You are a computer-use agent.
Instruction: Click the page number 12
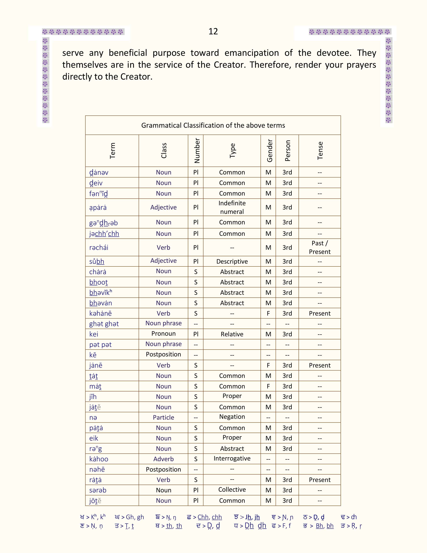[213, 31]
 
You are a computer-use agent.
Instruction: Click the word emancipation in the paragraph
[252, 53]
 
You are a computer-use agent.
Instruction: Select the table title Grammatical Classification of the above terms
[213, 125]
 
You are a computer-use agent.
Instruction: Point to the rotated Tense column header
[320, 151]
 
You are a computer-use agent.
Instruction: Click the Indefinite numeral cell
[232, 207]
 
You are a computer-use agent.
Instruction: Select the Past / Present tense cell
[320, 247]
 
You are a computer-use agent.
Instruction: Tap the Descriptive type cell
[232, 261]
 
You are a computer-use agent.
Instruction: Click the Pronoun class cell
[163, 334]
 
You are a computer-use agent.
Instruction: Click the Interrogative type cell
[232, 458]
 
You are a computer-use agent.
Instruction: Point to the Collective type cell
[232, 490]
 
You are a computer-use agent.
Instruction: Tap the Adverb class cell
[163, 459]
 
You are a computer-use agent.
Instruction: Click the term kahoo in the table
[99, 459]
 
